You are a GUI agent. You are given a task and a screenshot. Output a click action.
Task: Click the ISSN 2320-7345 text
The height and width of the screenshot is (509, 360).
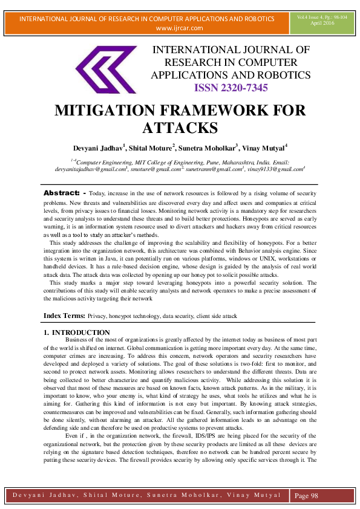[x=231, y=88]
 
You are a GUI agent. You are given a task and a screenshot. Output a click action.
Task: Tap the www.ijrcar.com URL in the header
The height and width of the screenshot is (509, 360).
[x=180, y=28]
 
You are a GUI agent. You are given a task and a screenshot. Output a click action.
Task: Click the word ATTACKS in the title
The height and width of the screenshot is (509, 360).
[x=180, y=128]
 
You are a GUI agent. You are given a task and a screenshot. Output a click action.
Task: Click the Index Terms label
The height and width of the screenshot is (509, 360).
[x=64, y=316]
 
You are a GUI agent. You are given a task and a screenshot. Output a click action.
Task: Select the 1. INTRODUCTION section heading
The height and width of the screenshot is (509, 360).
[x=77, y=333]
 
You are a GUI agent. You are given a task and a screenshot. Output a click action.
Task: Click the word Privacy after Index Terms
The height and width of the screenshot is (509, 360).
[x=98, y=316]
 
